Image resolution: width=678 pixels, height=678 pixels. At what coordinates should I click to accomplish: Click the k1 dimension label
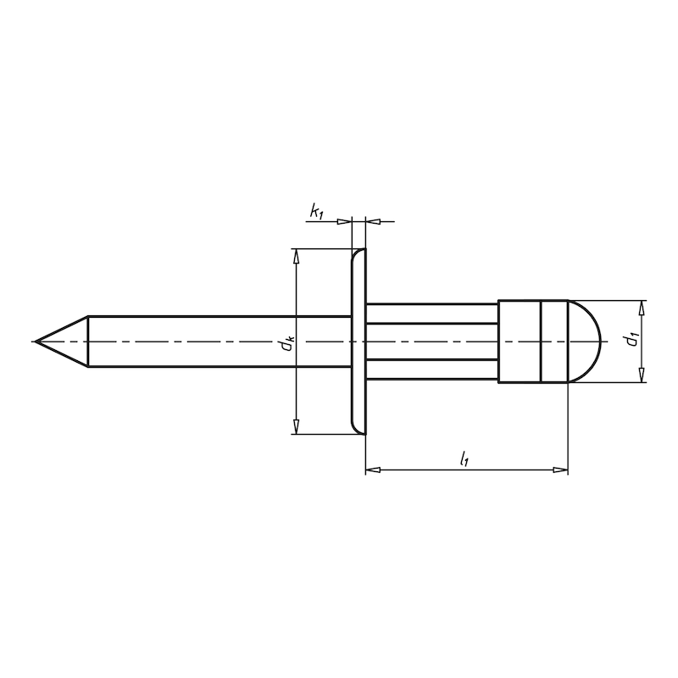[x=317, y=211]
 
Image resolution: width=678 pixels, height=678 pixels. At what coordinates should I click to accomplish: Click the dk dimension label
[x=289, y=342]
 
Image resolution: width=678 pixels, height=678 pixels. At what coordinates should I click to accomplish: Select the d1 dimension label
[x=630, y=341]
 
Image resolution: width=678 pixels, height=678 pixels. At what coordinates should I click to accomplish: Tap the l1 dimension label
[x=464, y=459]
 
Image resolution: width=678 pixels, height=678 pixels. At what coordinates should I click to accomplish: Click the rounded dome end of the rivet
[x=586, y=341]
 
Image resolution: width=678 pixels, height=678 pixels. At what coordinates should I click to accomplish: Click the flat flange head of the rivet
[x=358, y=342]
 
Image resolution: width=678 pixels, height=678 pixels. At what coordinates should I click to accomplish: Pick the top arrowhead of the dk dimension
[x=296, y=255]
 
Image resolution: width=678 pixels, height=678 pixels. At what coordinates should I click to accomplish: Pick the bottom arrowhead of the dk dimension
[x=296, y=428]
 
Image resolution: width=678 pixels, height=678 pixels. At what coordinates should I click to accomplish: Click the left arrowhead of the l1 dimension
[x=371, y=468]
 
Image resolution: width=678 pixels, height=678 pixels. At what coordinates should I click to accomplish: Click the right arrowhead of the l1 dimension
[x=560, y=468]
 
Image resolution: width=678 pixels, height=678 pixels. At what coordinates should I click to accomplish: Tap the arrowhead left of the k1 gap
[x=344, y=221]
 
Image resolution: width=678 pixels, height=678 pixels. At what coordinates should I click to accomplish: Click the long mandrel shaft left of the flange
[x=212, y=342]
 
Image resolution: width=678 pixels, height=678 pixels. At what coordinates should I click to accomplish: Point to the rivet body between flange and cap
[x=432, y=341]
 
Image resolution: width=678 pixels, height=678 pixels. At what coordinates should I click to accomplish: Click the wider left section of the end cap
[x=519, y=341]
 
